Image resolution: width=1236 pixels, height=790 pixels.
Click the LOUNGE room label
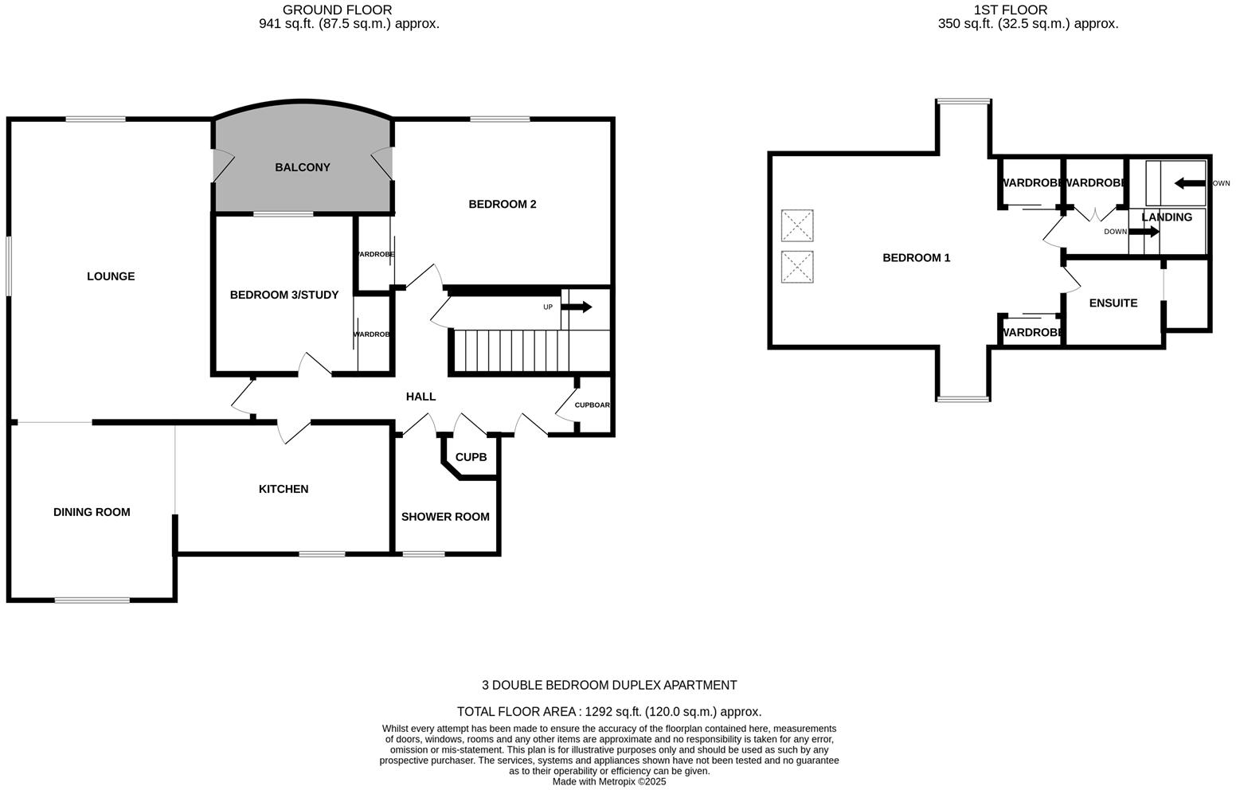(x=111, y=276)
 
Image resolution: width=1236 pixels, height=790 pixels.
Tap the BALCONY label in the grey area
(x=302, y=167)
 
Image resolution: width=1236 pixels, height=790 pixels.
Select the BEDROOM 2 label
(x=502, y=204)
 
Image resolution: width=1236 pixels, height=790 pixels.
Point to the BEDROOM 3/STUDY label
(x=284, y=295)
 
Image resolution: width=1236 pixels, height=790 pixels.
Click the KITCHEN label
(x=284, y=489)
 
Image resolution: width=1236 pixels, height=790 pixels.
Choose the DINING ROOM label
(x=92, y=512)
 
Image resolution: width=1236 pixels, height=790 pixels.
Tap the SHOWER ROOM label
(x=445, y=517)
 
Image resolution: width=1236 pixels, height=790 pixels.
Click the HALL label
(x=420, y=397)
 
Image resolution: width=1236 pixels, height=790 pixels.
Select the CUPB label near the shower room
(x=471, y=457)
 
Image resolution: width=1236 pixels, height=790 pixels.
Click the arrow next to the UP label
(x=577, y=307)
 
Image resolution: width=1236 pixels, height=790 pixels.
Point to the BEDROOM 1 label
(x=916, y=258)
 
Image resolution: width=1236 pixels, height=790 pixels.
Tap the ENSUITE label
(x=1113, y=303)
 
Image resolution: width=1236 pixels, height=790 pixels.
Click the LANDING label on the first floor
(x=1167, y=217)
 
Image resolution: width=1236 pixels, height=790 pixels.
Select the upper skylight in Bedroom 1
(x=797, y=225)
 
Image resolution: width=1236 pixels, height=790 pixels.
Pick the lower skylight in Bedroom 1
(x=797, y=267)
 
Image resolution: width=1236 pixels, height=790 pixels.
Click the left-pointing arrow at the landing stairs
(x=1190, y=183)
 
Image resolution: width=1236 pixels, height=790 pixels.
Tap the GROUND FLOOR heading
(x=338, y=10)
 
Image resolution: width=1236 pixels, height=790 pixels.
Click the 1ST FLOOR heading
(x=1010, y=10)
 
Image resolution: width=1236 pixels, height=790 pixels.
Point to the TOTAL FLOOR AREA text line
(x=608, y=712)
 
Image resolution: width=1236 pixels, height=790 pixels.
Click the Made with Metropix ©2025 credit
(x=608, y=782)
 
